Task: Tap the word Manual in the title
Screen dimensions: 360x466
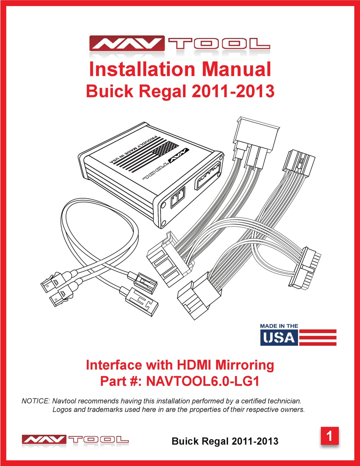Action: [237, 69]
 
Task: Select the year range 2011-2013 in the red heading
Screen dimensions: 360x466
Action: [233, 91]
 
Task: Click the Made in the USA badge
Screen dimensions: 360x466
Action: [298, 334]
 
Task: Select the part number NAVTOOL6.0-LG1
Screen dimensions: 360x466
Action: [202, 381]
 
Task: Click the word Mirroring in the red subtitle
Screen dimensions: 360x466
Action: [245, 365]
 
